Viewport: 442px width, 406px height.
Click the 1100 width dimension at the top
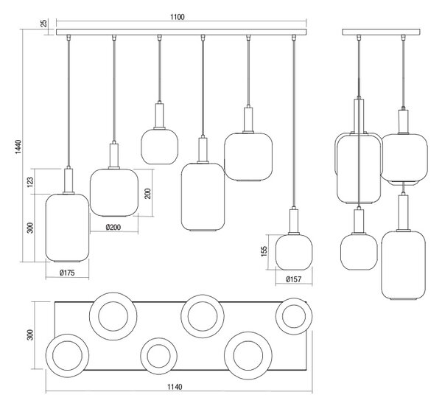click(x=178, y=17)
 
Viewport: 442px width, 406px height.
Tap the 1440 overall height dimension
click(x=18, y=147)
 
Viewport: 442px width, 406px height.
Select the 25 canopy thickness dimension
click(x=44, y=23)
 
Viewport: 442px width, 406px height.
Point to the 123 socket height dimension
click(x=30, y=182)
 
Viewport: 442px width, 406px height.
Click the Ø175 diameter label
click(x=67, y=273)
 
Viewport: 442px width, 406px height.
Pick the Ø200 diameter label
click(x=113, y=227)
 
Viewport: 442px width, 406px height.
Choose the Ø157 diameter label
click(x=294, y=279)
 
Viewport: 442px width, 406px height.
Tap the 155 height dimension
click(x=264, y=251)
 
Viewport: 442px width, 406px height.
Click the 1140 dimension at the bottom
click(x=175, y=387)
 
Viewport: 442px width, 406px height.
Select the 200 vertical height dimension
click(x=148, y=193)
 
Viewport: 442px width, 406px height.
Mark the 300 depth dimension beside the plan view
click(x=30, y=335)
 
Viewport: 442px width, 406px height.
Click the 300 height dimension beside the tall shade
click(x=30, y=228)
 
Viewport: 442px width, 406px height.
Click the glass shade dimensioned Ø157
click(x=294, y=252)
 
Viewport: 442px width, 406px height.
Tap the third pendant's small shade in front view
click(x=160, y=147)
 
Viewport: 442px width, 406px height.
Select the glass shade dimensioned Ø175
click(x=67, y=228)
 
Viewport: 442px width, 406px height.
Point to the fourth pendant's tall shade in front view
click(x=203, y=197)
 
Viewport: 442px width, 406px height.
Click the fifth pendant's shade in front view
click(x=248, y=157)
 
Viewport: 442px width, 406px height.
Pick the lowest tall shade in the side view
click(x=404, y=265)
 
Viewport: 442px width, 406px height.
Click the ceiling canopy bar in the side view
click(x=382, y=32)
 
